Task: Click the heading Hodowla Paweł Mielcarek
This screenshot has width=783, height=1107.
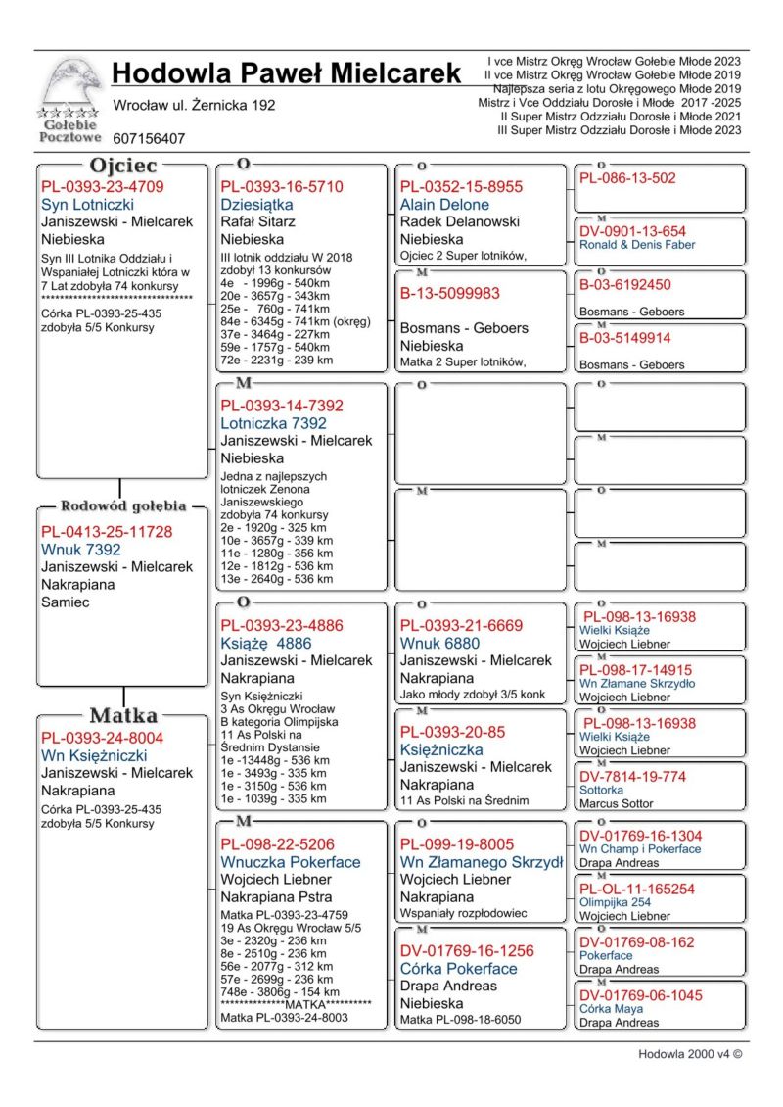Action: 286,73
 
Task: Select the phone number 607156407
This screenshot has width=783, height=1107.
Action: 149,139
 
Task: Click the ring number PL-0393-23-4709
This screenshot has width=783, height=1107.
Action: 103,187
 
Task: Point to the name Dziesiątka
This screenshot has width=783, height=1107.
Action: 256,205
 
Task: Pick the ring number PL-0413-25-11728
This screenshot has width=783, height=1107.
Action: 107,532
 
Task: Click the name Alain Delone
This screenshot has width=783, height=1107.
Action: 445,205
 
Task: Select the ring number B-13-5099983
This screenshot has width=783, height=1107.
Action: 449,293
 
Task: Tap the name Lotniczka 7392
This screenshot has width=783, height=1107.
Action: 273,423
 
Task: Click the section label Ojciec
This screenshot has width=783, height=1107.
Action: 123,166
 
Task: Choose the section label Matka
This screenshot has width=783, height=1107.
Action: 123,715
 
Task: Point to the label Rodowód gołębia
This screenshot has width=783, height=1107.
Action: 123,506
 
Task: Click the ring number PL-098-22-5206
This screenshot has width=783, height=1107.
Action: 277,844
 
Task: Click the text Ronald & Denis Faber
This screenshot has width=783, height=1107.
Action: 637,245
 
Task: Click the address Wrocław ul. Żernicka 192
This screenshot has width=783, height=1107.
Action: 194,105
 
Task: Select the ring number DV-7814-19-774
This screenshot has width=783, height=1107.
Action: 632,777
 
